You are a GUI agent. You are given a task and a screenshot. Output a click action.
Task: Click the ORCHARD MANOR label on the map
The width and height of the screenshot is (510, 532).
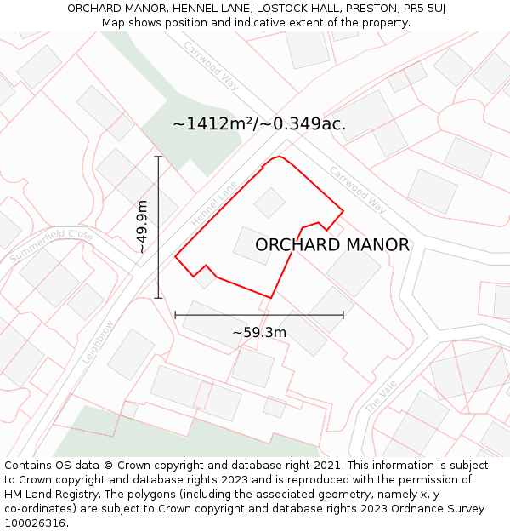coord(331,245)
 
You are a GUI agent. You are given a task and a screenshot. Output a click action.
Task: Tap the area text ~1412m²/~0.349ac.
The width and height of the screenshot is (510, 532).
coord(259,124)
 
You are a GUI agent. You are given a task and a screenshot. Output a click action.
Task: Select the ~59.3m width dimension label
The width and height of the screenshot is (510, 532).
coord(259,332)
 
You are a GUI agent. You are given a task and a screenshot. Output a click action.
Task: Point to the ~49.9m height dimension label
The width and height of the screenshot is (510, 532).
coord(142,226)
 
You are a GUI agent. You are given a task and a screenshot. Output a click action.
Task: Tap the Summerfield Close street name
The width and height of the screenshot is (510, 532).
coord(50,245)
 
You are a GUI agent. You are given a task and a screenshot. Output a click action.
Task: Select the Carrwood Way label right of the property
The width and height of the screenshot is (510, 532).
coord(358,190)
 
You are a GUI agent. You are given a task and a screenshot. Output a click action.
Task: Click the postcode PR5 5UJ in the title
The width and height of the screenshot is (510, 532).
coord(424,9)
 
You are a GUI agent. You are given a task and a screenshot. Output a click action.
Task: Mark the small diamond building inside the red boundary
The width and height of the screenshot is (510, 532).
coord(269,203)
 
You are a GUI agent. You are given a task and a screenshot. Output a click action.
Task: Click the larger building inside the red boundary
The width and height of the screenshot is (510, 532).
coord(253,246)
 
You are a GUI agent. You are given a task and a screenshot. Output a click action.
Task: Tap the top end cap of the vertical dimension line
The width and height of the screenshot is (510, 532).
coord(158,157)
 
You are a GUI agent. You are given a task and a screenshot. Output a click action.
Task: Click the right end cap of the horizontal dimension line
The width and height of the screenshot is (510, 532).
coord(343,315)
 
